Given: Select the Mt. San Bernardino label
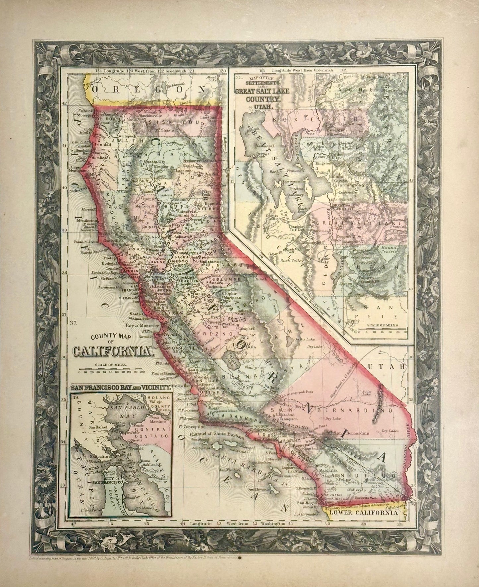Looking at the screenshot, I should (348, 432).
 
